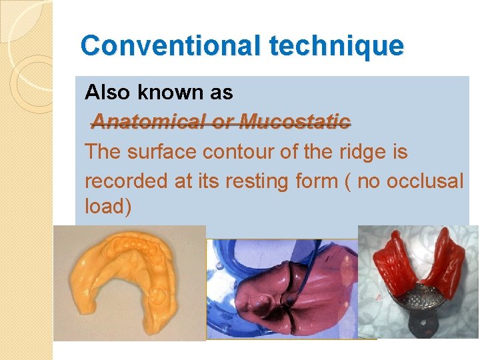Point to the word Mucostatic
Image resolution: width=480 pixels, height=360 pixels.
[294, 121]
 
